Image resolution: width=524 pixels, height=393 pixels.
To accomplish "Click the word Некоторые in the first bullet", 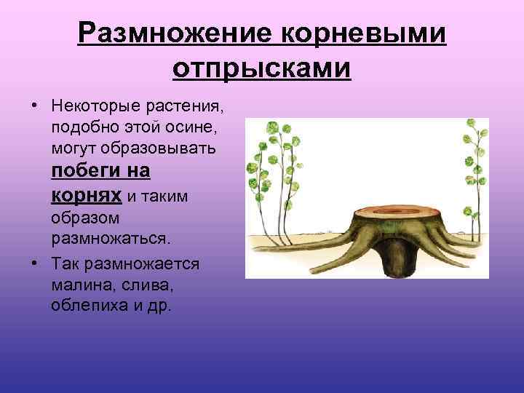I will (93, 106).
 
